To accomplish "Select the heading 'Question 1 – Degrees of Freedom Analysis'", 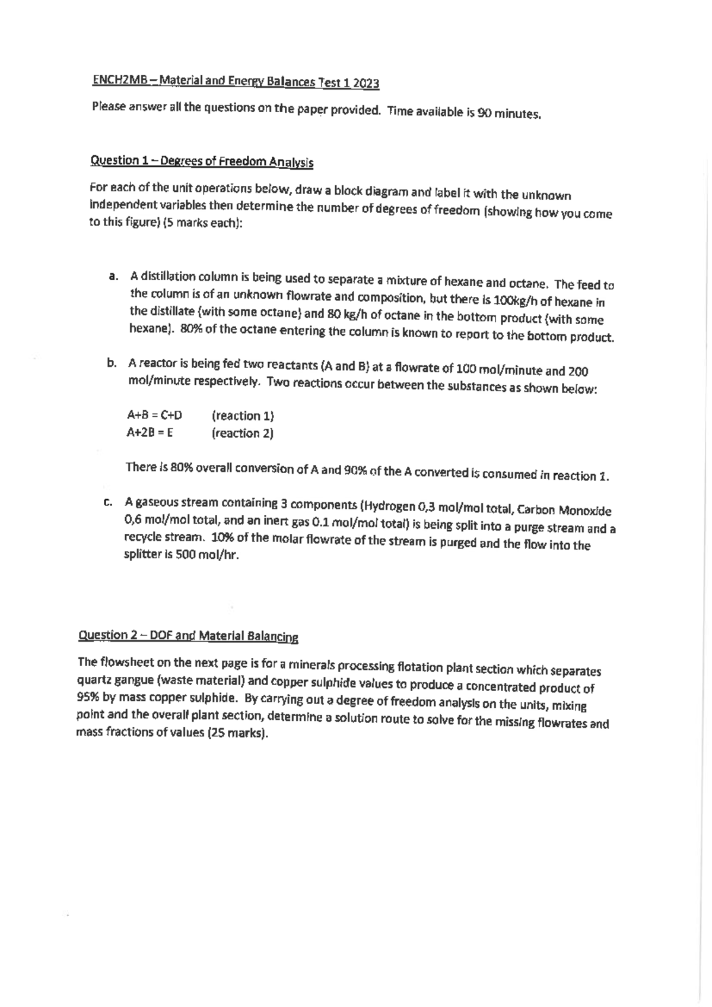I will coord(201,161).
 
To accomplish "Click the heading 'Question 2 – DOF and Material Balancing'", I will coord(188,636).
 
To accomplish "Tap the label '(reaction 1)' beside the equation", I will coord(243,416).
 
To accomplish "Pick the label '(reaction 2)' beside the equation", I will coord(242,433).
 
